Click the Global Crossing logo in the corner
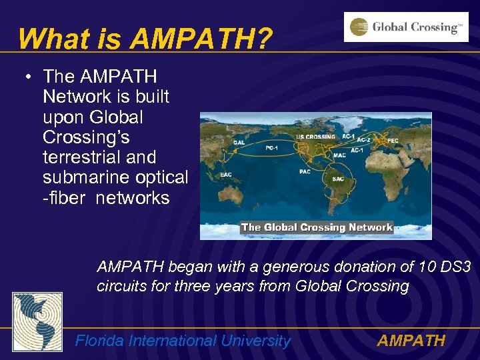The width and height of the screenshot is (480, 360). [x=405, y=27]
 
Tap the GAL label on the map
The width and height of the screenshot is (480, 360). [x=238, y=142]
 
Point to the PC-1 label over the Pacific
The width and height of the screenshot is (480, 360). [x=272, y=148]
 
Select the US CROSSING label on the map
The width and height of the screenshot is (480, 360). [x=316, y=137]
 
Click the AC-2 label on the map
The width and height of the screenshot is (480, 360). [x=363, y=140]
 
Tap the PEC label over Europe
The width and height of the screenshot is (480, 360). [x=393, y=141]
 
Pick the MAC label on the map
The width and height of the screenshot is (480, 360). [x=340, y=155]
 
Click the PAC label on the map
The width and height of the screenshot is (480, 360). [x=305, y=171]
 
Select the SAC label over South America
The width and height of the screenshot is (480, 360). [x=337, y=179]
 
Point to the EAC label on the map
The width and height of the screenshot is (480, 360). [x=226, y=176]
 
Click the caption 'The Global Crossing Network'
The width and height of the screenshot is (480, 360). [x=317, y=227]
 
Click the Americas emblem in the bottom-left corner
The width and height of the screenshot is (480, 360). [x=37, y=322]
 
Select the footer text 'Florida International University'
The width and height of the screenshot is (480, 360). [x=183, y=341]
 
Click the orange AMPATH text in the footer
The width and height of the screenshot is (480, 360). [x=411, y=341]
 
